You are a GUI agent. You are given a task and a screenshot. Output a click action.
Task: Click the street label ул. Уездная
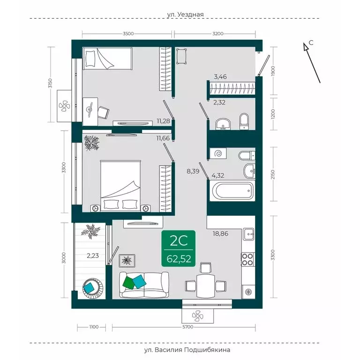tap(185, 15)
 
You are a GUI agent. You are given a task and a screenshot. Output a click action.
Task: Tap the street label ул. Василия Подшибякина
tap(187, 350)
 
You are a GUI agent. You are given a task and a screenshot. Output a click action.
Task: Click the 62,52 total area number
tap(179, 259)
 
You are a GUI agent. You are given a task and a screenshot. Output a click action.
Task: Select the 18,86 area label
tap(220, 234)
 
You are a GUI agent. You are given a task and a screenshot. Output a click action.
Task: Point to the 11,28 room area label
tap(163, 121)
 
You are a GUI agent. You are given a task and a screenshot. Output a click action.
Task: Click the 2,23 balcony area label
tap(93, 255)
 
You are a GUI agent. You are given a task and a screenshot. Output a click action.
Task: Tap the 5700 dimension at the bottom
tap(187, 327)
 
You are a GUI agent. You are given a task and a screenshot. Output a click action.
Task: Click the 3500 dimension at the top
tap(128, 34)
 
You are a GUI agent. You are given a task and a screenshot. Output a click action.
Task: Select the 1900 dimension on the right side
tap(273, 71)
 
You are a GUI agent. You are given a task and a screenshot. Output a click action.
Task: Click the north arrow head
tap(306, 47)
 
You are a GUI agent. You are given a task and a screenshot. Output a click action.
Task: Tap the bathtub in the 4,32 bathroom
tap(233, 191)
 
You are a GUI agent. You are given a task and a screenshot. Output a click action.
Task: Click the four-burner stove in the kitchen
tap(247, 259)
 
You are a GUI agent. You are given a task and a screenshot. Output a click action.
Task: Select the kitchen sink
tap(248, 234)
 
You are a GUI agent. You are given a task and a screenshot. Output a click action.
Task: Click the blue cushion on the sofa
tap(139, 281)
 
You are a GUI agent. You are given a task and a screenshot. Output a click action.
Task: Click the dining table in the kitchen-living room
tap(206, 286)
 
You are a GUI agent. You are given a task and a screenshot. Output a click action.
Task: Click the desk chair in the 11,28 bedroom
tap(103, 112)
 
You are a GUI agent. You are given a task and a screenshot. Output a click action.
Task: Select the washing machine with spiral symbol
tap(218, 153)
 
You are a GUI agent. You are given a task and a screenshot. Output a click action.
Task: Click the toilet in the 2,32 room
tap(244, 121)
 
